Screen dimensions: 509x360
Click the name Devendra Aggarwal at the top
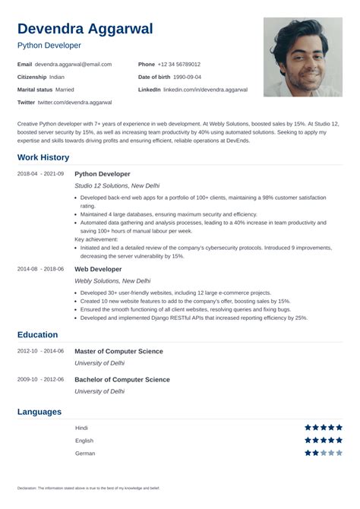click(85, 29)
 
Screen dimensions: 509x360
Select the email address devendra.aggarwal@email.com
click(74, 65)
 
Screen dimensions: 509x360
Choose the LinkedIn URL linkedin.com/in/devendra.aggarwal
click(205, 90)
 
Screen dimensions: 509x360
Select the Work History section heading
click(43, 157)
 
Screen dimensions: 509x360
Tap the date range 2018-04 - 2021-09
click(40, 174)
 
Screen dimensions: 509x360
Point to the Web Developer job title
click(98, 269)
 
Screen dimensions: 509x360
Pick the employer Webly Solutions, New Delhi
click(110, 280)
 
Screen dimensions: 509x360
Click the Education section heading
click(38, 334)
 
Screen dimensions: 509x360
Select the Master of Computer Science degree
click(118, 351)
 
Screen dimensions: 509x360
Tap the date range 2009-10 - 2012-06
click(40, 379)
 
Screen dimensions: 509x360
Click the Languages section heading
click(39, 412)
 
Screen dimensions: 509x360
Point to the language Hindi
click(81, 428)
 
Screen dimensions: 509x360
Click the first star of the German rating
click(308, 453)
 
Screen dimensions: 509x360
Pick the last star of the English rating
click(339, 440)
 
